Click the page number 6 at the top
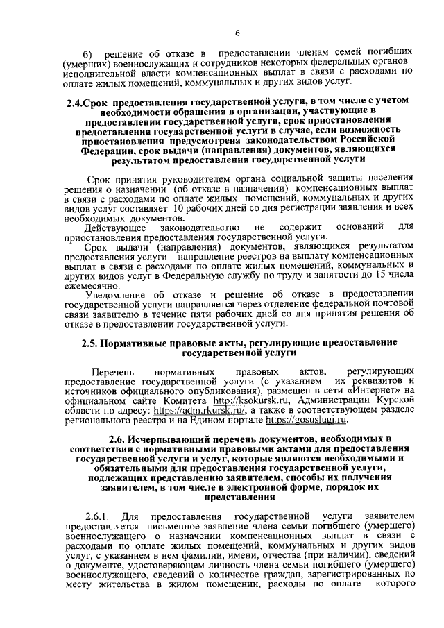coord(237,33)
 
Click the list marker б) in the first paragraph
coord(87,54)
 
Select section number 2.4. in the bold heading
coord(76,102)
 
